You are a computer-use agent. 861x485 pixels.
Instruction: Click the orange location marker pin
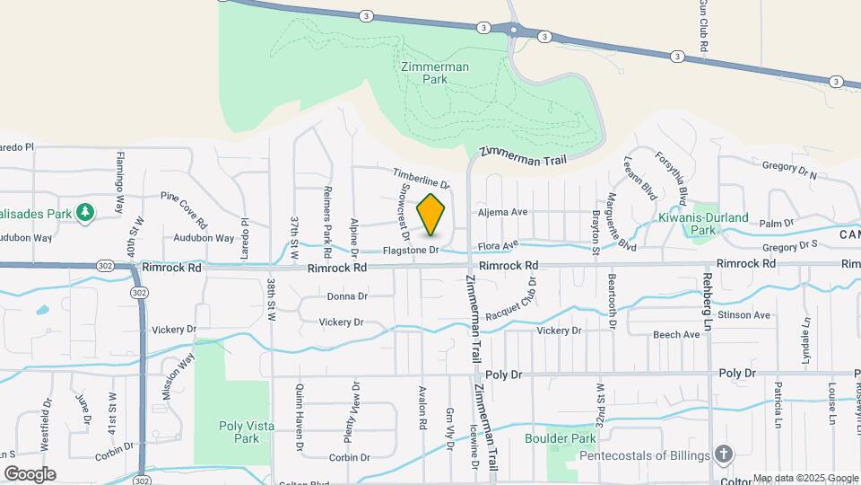pyautogui.click(x=431, y=214)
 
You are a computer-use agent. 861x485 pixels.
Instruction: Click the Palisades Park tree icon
pyautogui.click(x=85, y=213)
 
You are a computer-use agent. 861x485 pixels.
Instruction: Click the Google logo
pyautogui.click(x=30, y=473)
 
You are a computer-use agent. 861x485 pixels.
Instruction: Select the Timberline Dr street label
pyautogui.click(x=421, y=178)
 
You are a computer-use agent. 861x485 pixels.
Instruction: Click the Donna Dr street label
pyautogui.click(x=347, y=296)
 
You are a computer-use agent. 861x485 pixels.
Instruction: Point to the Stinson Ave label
pyautogui.click(x=750, y=315)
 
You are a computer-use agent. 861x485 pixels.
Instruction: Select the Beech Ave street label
pyautogui.click(x=677, y=335)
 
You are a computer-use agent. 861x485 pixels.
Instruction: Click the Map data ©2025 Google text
pyautogui.click(x=804, y=478)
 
